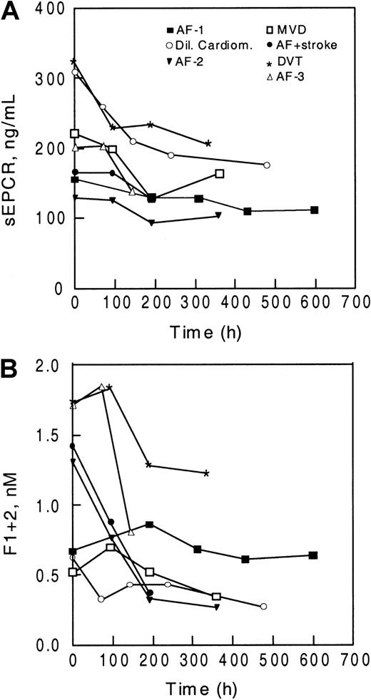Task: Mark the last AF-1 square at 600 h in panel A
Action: [x=314, y=210]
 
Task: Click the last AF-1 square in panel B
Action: [x=314, y=555]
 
